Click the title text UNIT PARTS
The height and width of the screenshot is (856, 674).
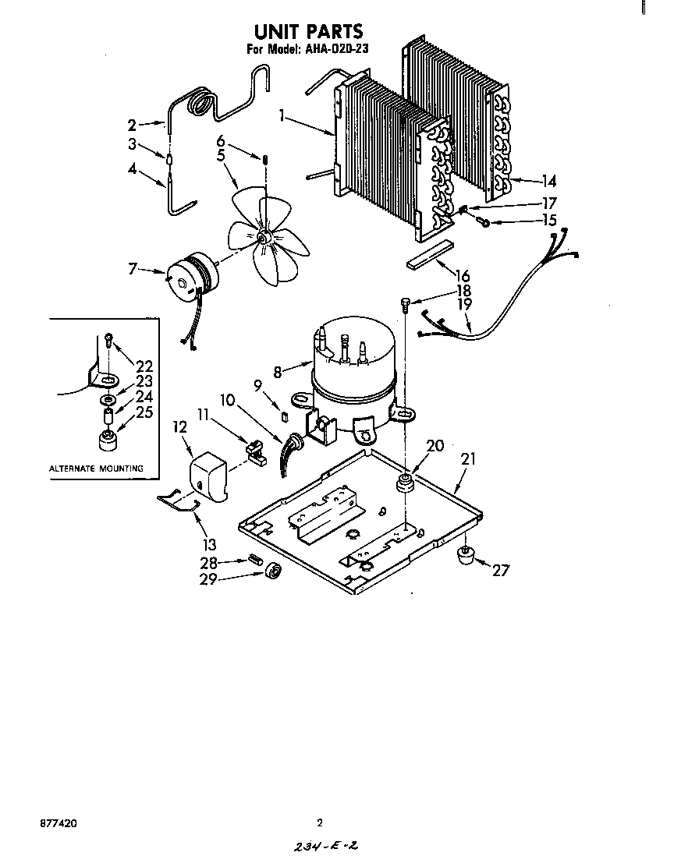tap(308, 32)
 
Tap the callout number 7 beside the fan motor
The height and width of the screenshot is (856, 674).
tap(133, 269)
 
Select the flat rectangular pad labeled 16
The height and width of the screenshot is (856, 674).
tap(430, 254)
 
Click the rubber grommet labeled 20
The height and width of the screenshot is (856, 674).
tap(405, 483)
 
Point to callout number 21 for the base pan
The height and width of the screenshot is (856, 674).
tap(467, 460)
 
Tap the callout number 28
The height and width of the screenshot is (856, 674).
tap(209, 561)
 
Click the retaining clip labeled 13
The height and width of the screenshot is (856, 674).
tap(179, 503)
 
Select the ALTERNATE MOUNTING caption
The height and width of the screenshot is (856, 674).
tap(96, 469)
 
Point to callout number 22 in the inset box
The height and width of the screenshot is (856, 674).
tap(144, 366)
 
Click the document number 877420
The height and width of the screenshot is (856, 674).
tap(55, 822)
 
